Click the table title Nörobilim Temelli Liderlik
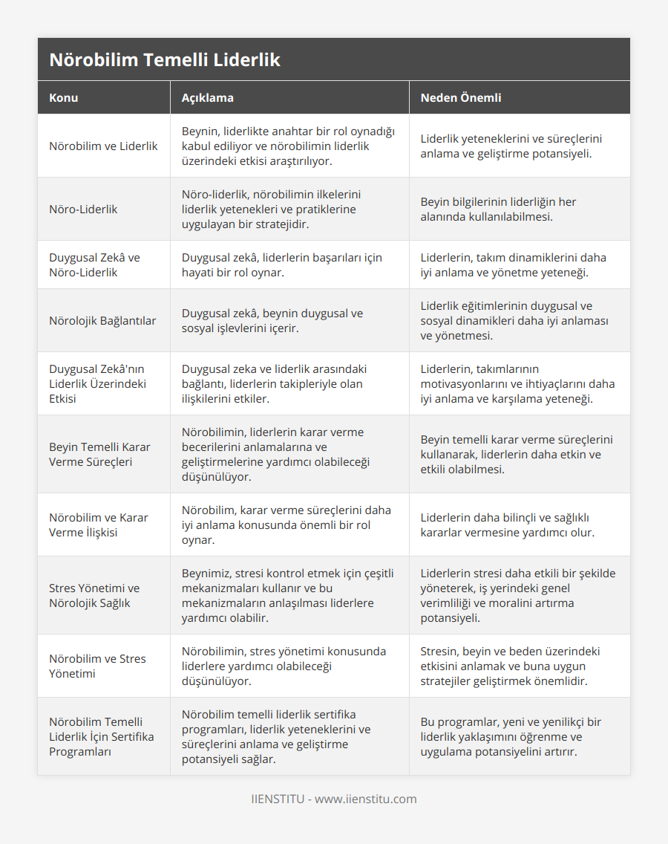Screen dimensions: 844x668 (165, 60)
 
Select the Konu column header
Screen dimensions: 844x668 (64, 97)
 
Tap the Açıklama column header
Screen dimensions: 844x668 (208, 97)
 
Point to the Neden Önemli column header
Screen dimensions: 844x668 (461, 97)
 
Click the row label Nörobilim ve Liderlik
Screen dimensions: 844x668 (103, 146)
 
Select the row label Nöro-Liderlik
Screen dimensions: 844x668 (83, 209)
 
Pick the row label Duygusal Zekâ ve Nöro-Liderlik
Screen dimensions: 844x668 (94, 264)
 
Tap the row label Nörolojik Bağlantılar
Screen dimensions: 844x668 (102, 320)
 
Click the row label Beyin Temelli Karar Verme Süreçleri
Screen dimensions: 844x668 (99, 454)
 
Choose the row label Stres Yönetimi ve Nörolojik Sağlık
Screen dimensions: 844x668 (94, 595)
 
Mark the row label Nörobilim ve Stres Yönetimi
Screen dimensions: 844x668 (97, 666)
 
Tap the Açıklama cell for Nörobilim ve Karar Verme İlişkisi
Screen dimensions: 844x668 (286, 525)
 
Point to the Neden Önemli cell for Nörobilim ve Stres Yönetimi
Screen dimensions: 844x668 (511, 666)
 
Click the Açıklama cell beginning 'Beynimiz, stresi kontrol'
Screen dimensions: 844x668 (288, 595)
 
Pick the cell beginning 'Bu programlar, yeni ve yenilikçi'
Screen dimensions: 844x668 (511, 736)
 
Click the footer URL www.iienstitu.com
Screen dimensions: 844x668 (365, 799)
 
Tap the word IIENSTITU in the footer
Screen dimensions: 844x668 (276, 799)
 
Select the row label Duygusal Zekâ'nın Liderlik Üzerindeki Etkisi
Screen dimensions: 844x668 (97, 383)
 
